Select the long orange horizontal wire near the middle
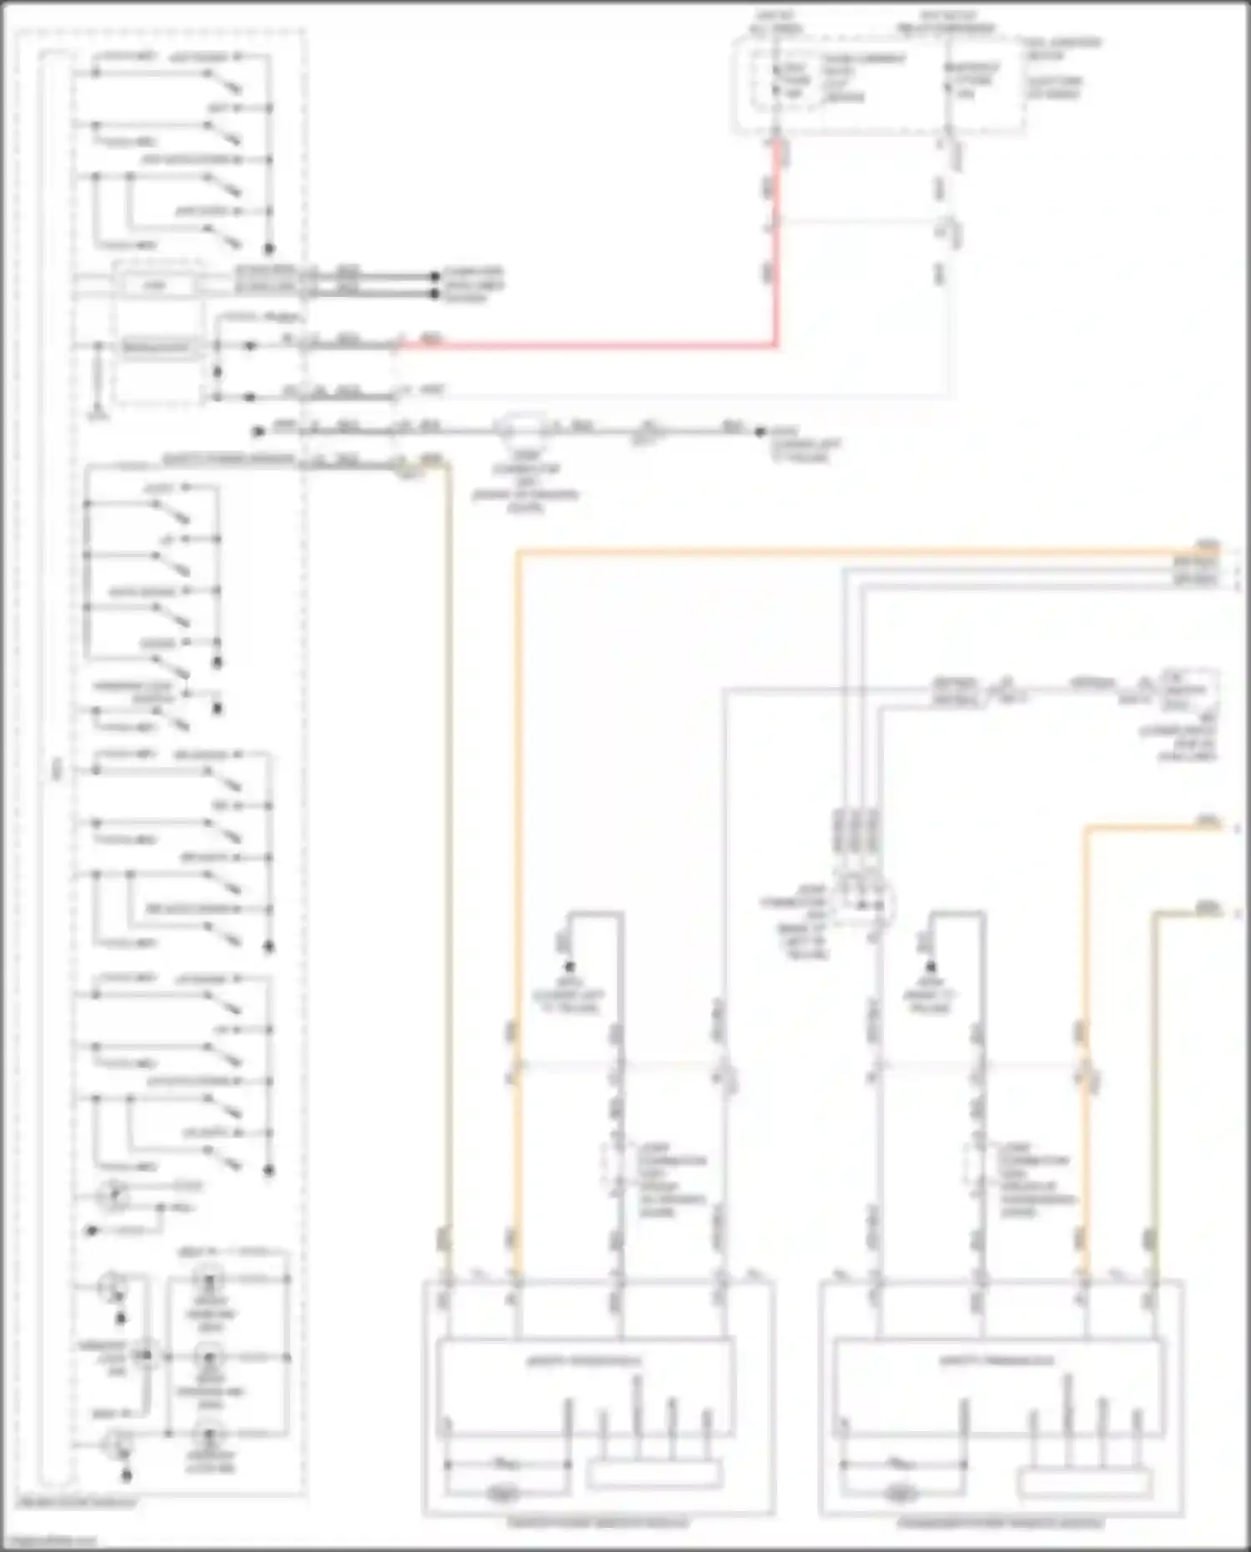[834, 550]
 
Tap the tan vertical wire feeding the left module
[449, 834]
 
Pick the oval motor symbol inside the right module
[897, 1492]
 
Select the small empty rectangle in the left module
[654, 1474]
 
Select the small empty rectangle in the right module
[1084, 1482]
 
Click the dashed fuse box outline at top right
[880, 83]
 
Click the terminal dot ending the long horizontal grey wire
[760, 432]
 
